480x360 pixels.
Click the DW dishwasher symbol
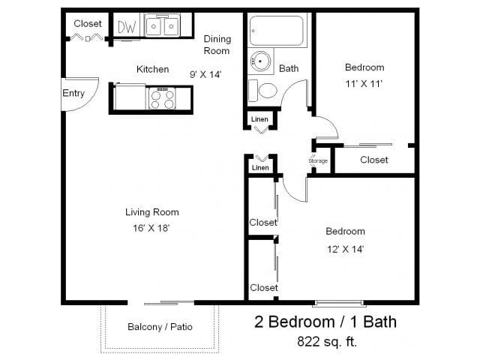coord(127,27)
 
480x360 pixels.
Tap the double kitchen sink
coord(161,27)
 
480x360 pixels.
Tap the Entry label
coord(73,94)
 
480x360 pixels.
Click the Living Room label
coord(151,212)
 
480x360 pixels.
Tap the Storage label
coord(318,161)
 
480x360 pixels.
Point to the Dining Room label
coord(217,45)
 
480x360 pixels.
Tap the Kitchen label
coord(152,69)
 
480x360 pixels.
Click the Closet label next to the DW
coord(88,24)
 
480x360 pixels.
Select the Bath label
coord(289,68)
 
